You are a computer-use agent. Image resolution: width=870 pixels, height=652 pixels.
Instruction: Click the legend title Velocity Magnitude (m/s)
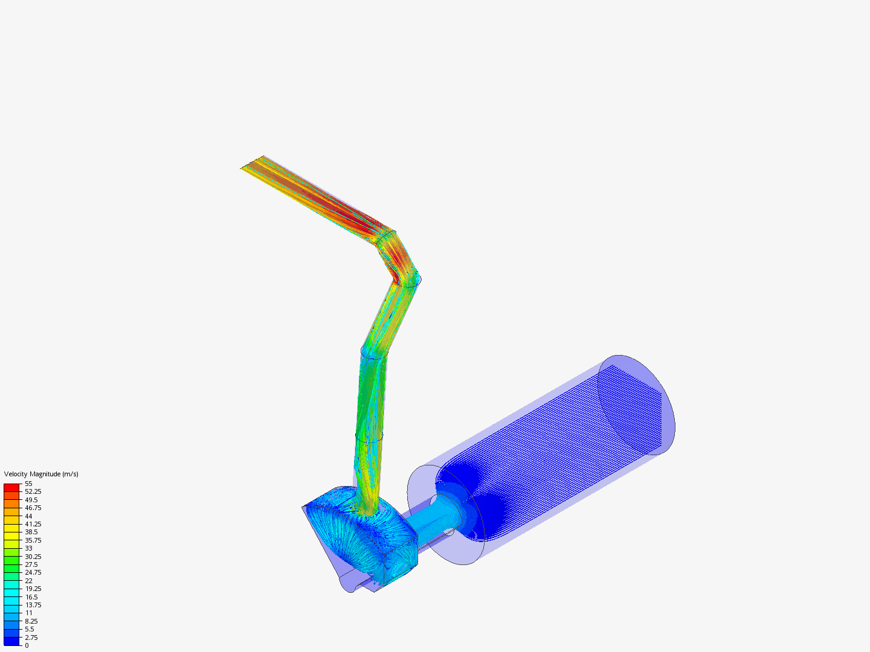click(41, 474)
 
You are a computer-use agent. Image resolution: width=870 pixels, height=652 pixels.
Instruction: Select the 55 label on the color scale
click(28, 484)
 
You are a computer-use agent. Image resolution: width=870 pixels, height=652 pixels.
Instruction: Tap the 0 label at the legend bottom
click(27, 645)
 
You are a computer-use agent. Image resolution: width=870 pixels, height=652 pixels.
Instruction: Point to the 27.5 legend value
click(31, 564)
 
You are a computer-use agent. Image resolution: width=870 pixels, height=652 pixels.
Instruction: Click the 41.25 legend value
click(33, 524)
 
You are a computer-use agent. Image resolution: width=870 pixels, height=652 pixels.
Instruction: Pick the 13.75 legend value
click(33, 605)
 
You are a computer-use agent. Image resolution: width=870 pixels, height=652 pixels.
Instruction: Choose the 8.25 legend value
click(31, 621)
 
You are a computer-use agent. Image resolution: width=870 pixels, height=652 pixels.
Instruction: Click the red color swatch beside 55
click(11, 487)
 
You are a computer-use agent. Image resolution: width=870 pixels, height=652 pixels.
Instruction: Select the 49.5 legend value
click(31, 500)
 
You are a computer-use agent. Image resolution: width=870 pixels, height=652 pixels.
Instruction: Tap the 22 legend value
click(28, 581)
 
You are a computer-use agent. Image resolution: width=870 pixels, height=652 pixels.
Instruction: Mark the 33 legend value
click(28, 548)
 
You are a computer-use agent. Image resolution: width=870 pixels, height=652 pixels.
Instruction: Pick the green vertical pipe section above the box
click(370, 423)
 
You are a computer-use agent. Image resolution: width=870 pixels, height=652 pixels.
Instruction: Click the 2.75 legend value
click(31, 638)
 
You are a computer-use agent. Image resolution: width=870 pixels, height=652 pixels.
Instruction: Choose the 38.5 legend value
click(31, 532)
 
